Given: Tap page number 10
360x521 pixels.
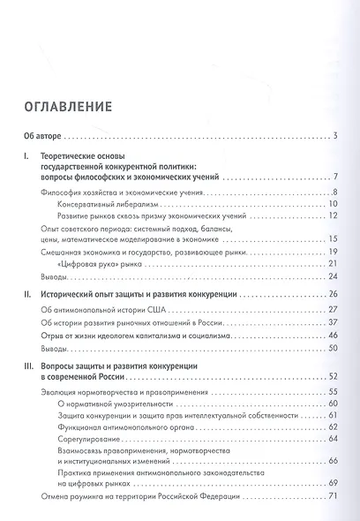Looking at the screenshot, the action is coord(334,204).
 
